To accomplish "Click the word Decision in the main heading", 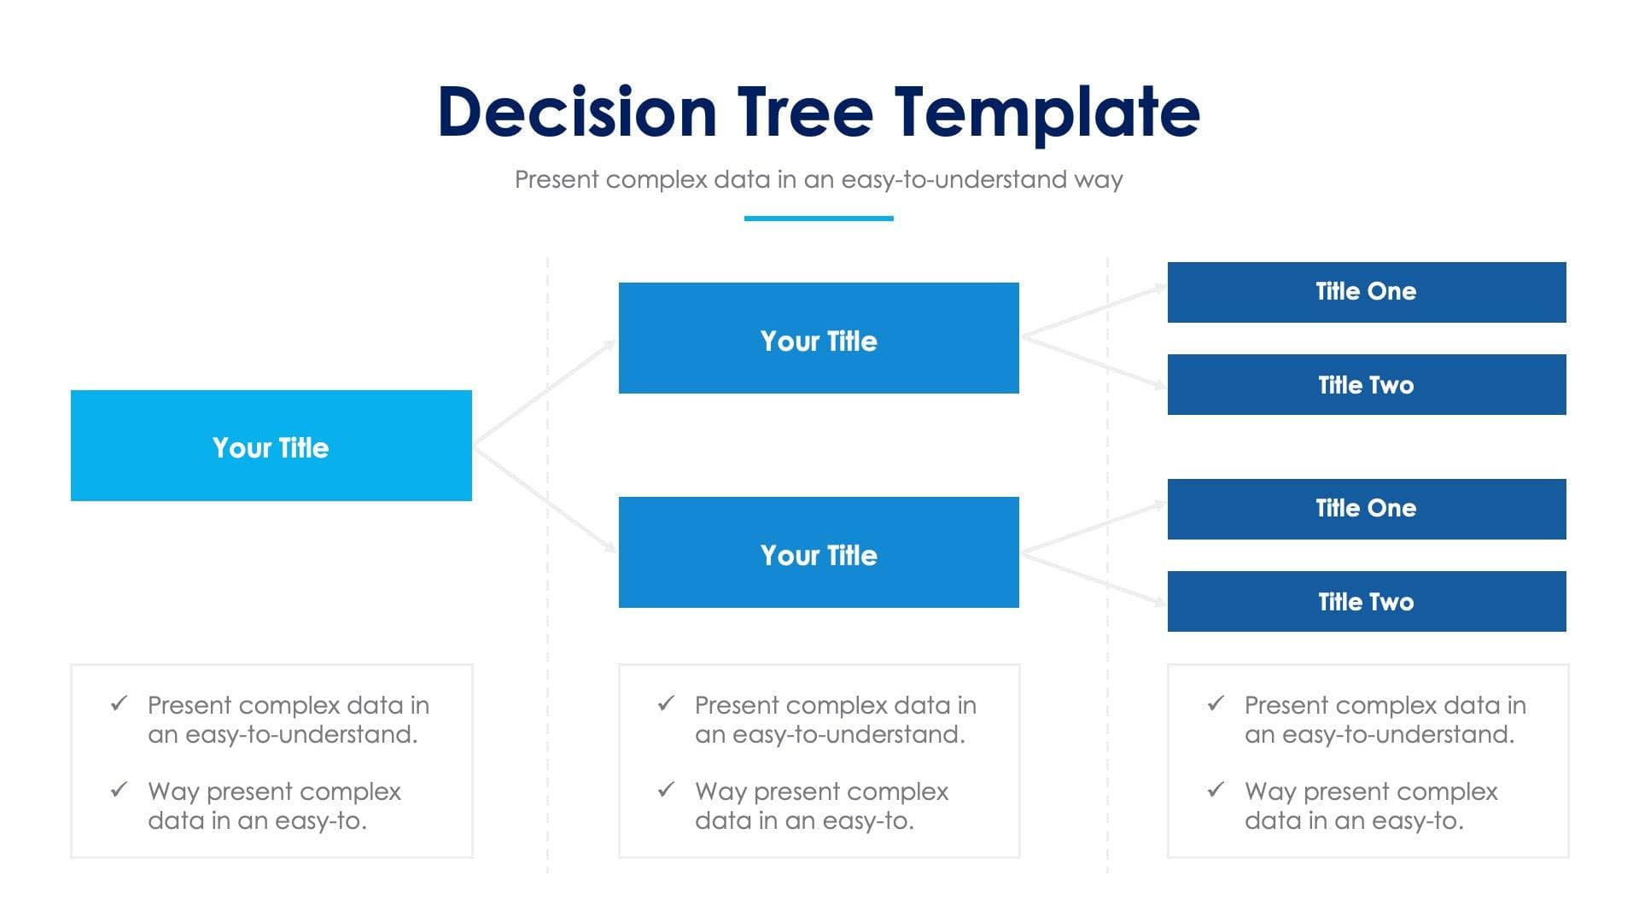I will click(x=577, y=113).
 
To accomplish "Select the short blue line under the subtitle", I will click(x=818, y=219).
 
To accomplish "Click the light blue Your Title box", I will click(x=271, y=446).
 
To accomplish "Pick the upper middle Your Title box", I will click(x=818, y=338).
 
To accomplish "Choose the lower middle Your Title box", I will click(x=818, y=552).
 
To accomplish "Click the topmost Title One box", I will click(x=1366, y=292).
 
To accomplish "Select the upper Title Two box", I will click(x=1366, y=384).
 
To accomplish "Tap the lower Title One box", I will click(x=1366, y=509).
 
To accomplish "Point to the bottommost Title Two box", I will click(x=1366, y=601).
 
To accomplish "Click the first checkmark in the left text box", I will click(x=119, y=703).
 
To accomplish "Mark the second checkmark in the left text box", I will click(x=119, y=789).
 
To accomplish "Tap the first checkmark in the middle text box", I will click(x=666, y=703).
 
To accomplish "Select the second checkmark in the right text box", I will click(x=1216, y=789).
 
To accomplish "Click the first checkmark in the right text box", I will click(x=1216, y=703).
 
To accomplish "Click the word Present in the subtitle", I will click(x=557, y=179).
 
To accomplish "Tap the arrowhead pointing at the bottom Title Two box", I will click(x=1160, y=602).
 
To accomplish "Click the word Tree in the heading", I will click(x=805, y=113).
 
